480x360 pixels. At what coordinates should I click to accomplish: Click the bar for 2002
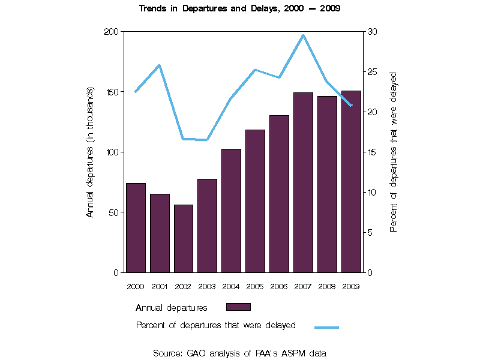pos(184,239)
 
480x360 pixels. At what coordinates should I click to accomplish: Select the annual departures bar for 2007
pos(303,182)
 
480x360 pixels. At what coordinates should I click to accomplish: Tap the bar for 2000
pos(136,227)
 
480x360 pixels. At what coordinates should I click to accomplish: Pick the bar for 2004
pos(231,211)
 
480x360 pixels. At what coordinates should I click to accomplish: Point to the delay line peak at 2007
pos(303,35)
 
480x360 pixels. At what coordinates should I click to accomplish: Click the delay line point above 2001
pos(159,65)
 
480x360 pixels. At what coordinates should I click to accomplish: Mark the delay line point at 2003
pos(207,140)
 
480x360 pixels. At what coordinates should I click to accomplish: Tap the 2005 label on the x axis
pos(255,286)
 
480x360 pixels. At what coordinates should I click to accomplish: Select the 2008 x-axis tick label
pos(327,286)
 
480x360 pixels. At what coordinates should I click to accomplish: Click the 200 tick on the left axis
pos(112,31)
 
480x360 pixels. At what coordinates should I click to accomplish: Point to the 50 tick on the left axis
pos(114,212)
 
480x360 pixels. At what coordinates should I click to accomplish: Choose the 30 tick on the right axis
pos(372,31)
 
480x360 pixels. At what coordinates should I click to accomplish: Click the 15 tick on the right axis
pos(372,152)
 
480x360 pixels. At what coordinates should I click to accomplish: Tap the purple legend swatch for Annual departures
pos(238,307)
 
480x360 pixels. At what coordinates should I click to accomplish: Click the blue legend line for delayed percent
pos(326,327)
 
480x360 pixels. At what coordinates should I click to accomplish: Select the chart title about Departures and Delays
pos(240,9)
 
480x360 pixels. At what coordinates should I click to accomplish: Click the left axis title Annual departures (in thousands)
pos(90,152)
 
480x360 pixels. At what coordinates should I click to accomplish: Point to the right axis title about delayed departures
pos(394,152)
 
